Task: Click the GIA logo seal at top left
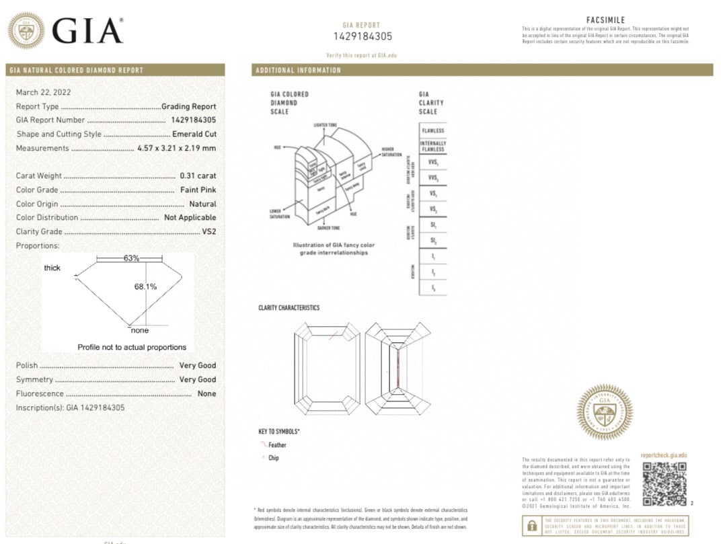[x=26, y=30]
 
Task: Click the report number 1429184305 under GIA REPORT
[x=363, y=36]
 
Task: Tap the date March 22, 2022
[x=43, y=92]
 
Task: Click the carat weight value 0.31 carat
[x=198, y=176]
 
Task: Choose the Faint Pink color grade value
[x=198, y=190]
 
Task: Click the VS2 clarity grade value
[x=208, y=231]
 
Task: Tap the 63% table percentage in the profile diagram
[x=131, y=258]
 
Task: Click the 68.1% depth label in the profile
[x=145, y=286]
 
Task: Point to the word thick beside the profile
[x=52, y=268]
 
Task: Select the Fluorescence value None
[x=206, y=393]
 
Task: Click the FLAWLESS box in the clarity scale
[x=432, y=130]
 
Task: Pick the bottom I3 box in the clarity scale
[x=432, y=287]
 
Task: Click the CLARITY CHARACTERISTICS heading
[x=289, y=308]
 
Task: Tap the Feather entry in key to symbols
[x=276, y=445]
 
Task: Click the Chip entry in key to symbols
[x=273, y=458]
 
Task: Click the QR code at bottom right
[x=663, y=483]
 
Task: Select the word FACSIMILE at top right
[x=605, y=21]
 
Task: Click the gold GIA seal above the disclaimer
[x=604, y=412]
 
